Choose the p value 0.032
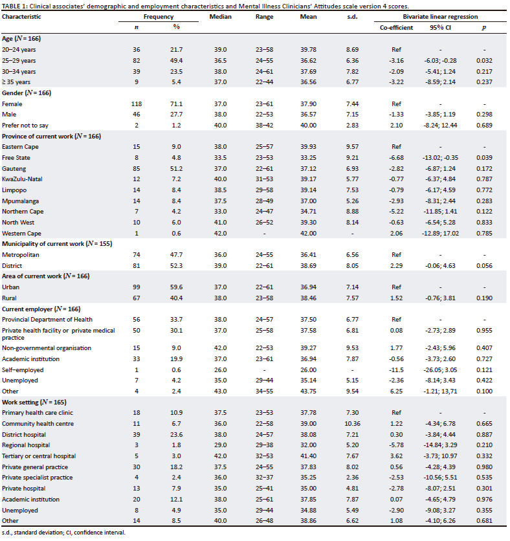pos(483,60)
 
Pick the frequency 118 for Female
pos(136,103)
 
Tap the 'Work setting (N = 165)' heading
pos(39,401)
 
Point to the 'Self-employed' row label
pos(22,370)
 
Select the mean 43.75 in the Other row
pos(309,390)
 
